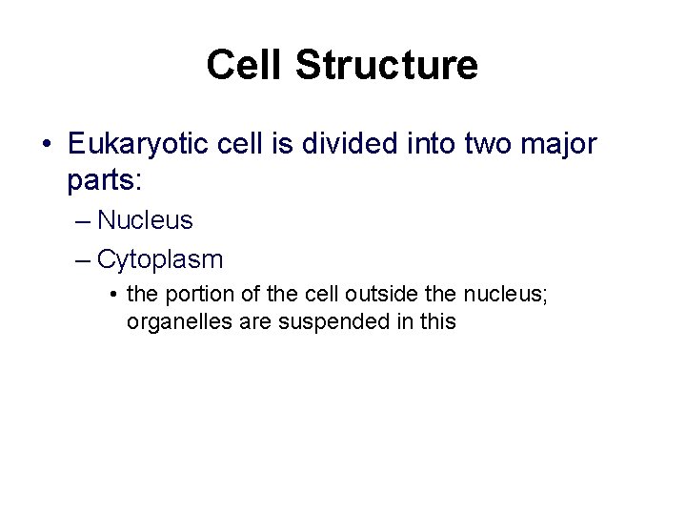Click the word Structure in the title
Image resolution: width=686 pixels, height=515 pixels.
pos(388,66)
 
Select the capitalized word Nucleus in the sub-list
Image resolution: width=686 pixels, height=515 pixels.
pos(145,220)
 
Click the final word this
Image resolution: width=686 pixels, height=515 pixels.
pos(438,322)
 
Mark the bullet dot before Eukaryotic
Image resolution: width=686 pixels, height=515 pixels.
pos(48,145)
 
